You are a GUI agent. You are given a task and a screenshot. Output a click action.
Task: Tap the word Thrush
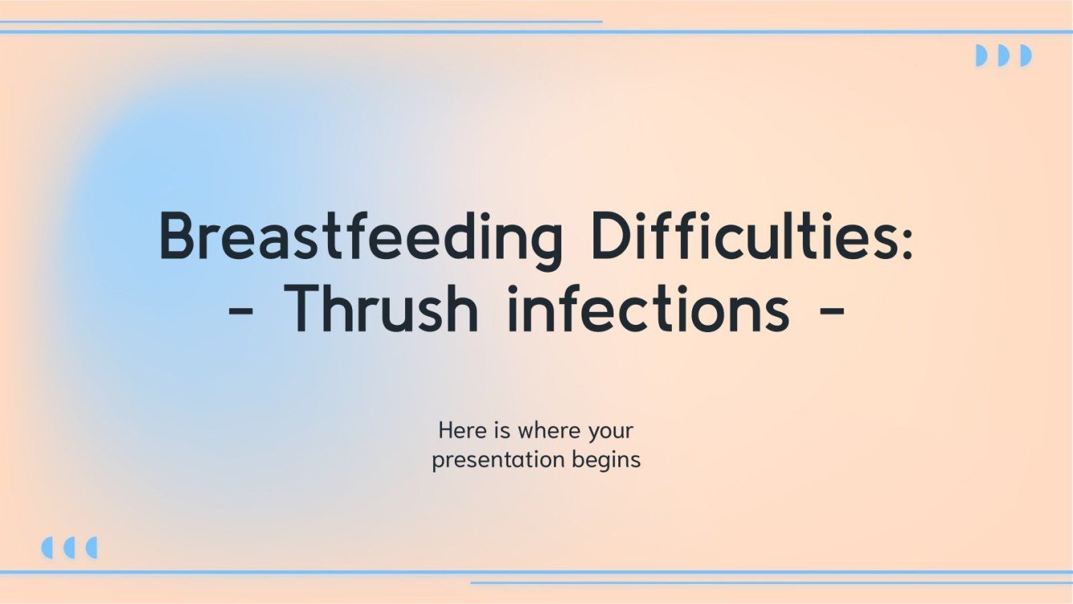(x=382, y=309)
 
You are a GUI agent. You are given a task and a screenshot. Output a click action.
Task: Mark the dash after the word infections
(x=832, y=311)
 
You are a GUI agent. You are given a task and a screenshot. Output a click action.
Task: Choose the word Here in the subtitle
(x=461, y=432)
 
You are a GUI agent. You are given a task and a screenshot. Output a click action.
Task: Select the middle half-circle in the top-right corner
(x=1003, y=55)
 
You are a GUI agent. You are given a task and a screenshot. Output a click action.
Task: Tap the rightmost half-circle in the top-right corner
(x=1025, y=55)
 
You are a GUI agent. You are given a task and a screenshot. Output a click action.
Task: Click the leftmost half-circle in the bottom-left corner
(x=47, y=548)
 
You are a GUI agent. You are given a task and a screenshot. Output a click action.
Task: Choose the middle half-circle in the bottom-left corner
(x=69, y=548)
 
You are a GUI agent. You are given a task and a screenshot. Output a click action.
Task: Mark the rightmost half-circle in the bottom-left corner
(x=91, y=548)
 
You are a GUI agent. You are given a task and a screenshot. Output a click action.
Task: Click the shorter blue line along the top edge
(x=301, y=22)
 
